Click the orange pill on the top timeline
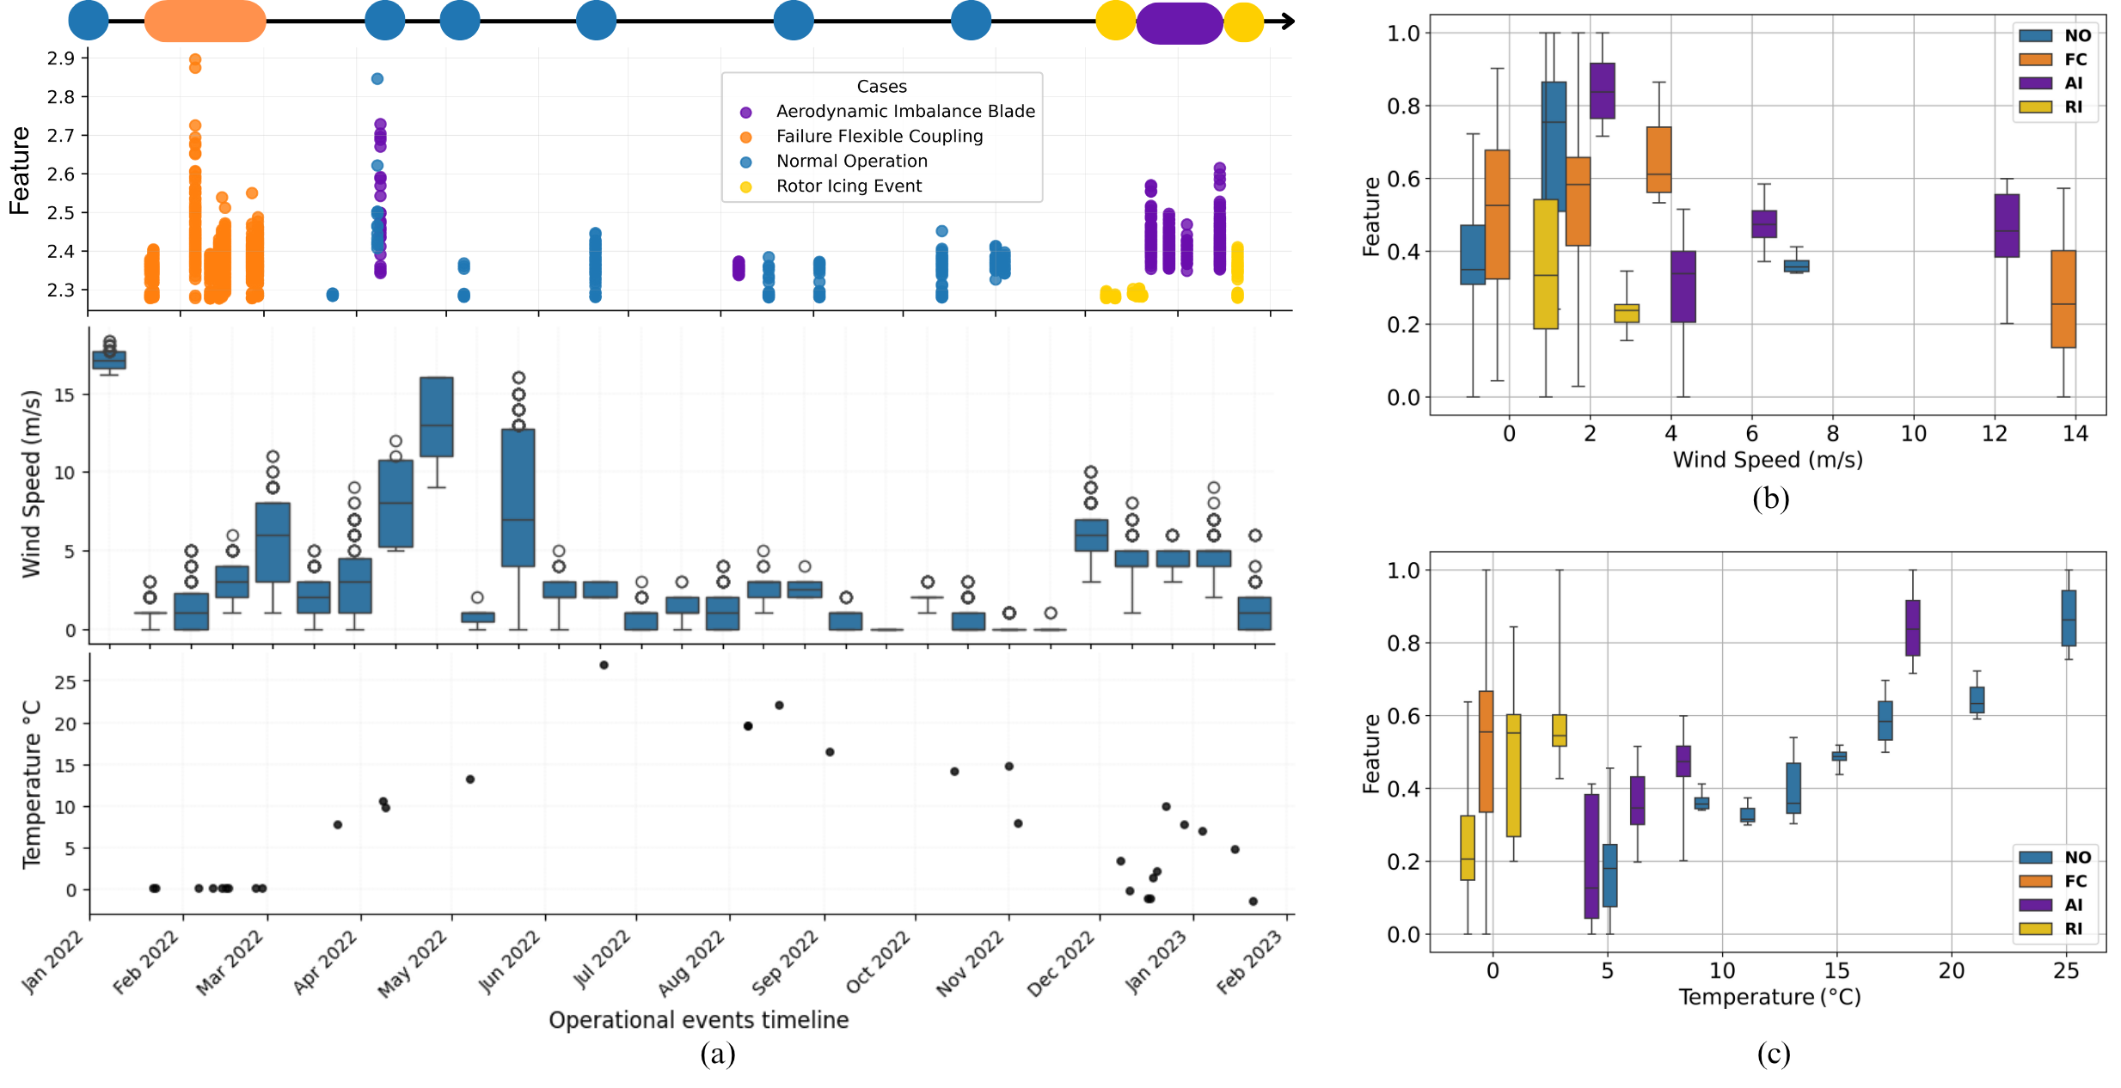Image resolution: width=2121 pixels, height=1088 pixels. tap(205, 21)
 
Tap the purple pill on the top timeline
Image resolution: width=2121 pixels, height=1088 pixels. tap(1179, 23)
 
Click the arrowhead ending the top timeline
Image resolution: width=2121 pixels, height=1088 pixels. tap(1288, 21)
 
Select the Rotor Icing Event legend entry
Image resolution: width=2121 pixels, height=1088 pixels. tap(848, 186)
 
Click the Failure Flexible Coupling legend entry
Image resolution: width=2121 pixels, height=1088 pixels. tap(879, 137)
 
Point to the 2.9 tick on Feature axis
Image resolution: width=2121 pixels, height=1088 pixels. tap(61, 58)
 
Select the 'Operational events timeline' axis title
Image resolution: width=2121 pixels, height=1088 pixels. tap(698, 1020)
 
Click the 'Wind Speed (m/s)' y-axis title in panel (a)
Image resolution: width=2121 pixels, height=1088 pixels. tap(31, 484)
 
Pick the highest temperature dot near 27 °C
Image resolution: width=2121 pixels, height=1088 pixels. tap(604, 665)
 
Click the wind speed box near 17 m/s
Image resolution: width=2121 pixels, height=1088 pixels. tap(109, 360)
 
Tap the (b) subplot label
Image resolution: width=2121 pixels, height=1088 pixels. tap(1770, 498)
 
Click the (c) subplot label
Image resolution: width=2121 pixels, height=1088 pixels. tap(1773, 1054)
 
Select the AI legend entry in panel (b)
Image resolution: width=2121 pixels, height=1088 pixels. tap(2062, 83)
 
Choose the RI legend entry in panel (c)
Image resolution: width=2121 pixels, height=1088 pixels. tap(2062, 929)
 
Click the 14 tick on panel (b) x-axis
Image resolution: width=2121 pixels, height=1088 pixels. tap(2075, 434)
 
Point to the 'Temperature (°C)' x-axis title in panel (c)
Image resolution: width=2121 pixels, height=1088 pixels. tap(1769, 997)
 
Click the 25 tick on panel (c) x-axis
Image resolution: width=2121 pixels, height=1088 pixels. tap(2066, 971)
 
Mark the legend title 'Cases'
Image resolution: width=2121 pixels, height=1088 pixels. tap(881, 87)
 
